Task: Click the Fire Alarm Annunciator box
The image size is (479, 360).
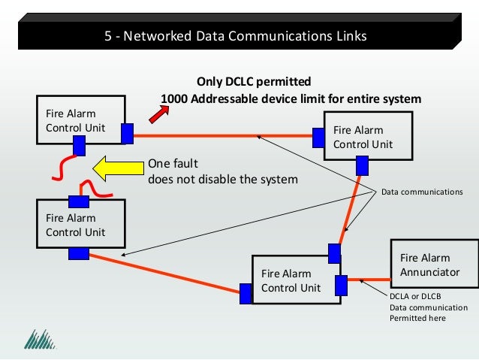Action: (x=433, y=265)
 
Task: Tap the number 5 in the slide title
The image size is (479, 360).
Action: (x=108, y=36)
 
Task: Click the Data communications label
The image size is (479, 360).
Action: (x=423, y=192)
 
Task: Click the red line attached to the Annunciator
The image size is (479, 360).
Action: (x=369, y=281)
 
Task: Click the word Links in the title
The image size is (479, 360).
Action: (x=351, y=36)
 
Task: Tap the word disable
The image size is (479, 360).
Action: (x=217, y=180)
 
